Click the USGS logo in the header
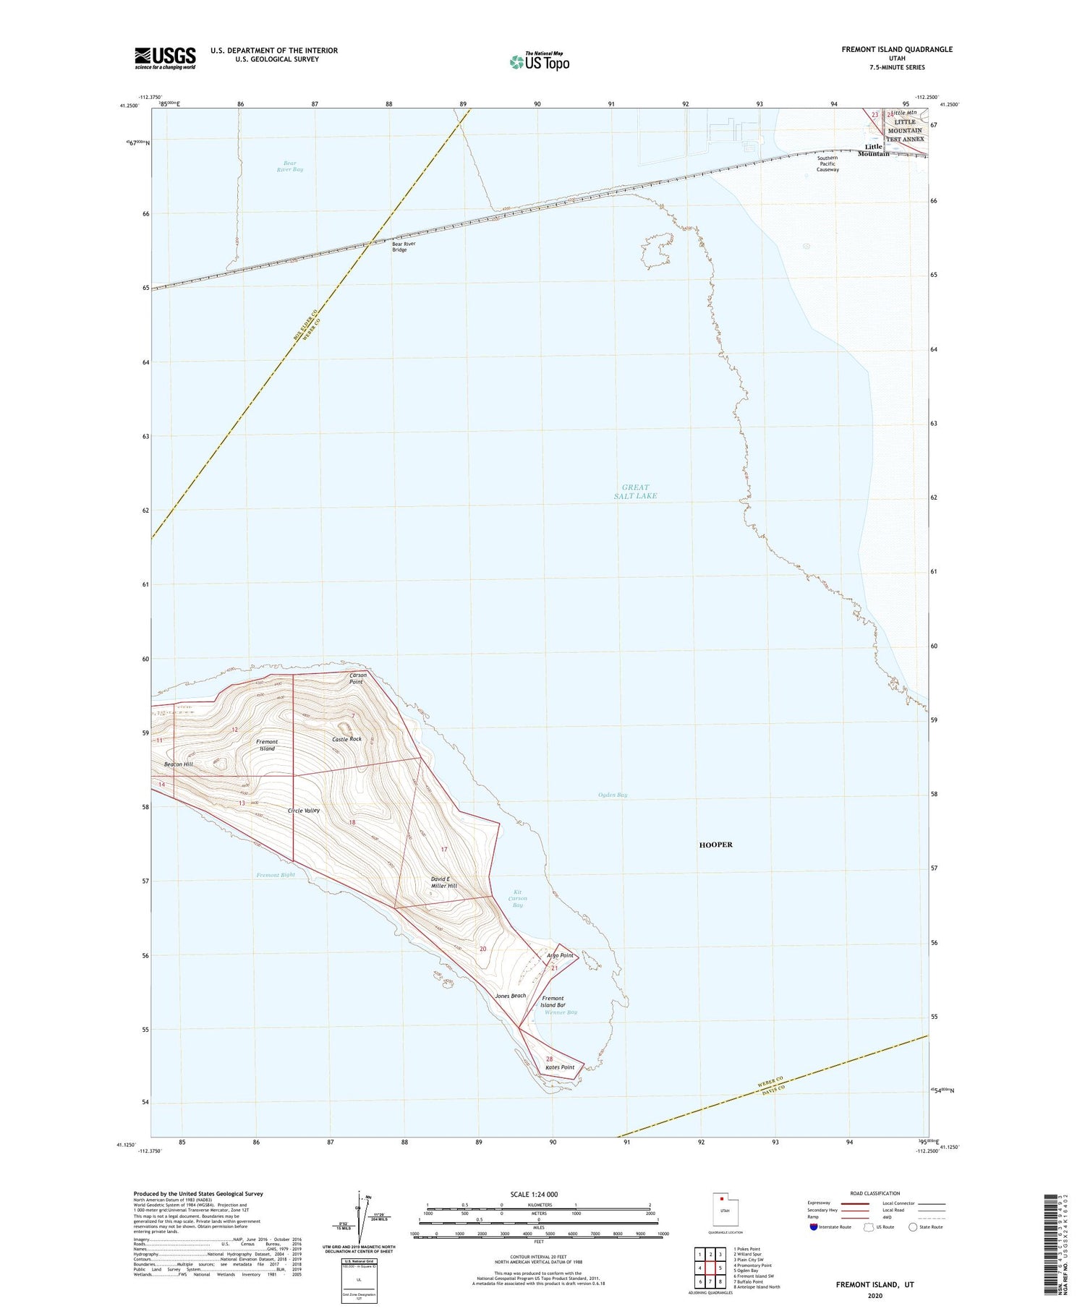(x=165, y=58)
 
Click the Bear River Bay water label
(x=289, y=166)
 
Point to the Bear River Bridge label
(x=404, y=247)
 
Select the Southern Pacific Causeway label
(x=827, y=163)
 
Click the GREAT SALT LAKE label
(x=635, y=492)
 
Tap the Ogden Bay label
(x=613, y=795)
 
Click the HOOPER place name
(x=715, y=845)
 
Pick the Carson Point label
(x=357, y=678)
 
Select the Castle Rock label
(x=346, y=739)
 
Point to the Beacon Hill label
(x=178, y=764)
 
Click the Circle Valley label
(x=304, y=811)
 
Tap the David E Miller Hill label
(x=444, y=882)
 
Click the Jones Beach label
(x=511, y=996)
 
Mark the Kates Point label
(x=560, y=1067)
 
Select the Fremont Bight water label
(x=276, y=875)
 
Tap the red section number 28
(x=550, y=1059)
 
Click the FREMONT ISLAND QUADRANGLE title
(x=897, y=49)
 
